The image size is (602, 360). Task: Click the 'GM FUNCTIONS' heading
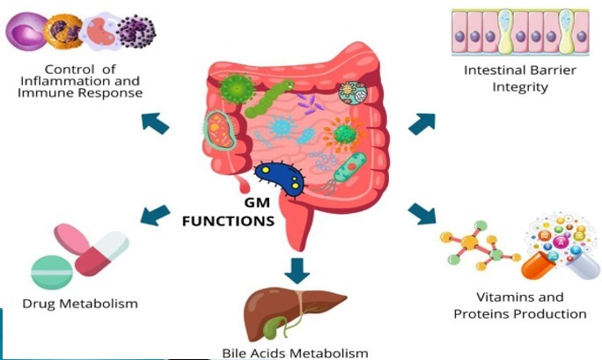coord(228,214)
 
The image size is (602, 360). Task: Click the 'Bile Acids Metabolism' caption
coord(294,353)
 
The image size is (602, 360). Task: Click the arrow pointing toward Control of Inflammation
coord(155,122)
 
